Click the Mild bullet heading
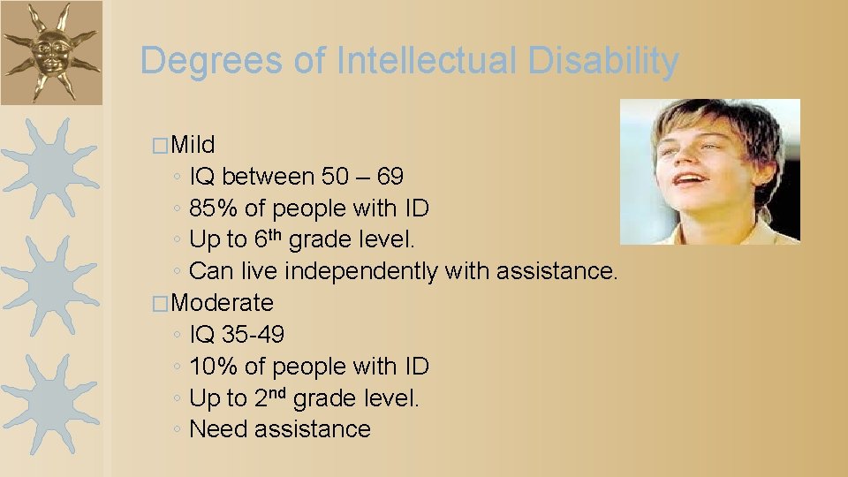(x=193, y=145)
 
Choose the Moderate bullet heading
(x=223, y=303)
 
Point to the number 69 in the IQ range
(x=390, y=177)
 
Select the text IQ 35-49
(x=237, y=335)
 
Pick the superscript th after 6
(x=276, y=234)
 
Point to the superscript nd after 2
(x=277, y=391)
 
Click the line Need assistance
(x=280, y=429)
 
